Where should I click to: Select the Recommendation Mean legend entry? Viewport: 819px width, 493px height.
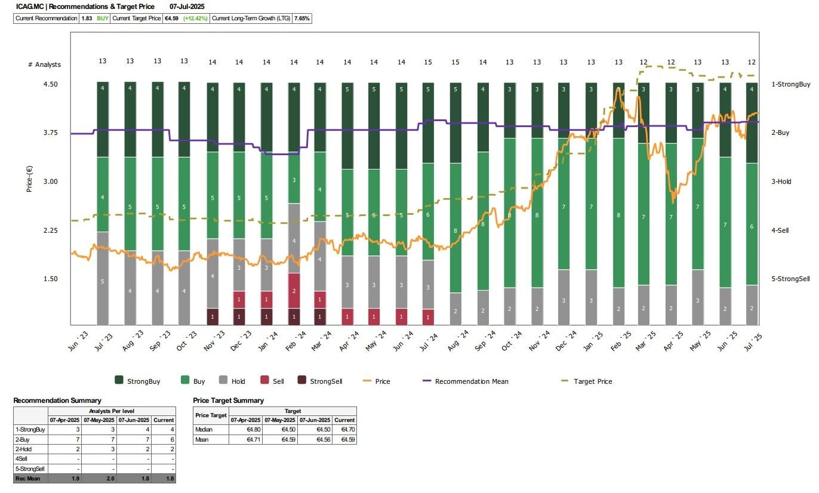[471, 381]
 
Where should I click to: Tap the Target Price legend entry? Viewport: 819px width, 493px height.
[592, 381]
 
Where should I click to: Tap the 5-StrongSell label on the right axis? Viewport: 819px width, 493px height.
[790, 279]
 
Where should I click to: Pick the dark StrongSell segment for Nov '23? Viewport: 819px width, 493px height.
[213, 316]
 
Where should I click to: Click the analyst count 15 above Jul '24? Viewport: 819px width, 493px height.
[428, 62]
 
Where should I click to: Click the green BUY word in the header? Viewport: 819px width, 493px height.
[103, 19]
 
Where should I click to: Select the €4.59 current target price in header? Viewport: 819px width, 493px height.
[173, 19]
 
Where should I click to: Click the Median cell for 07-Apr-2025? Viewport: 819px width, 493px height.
[247, 429]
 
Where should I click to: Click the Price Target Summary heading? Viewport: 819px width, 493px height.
[228, 400]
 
